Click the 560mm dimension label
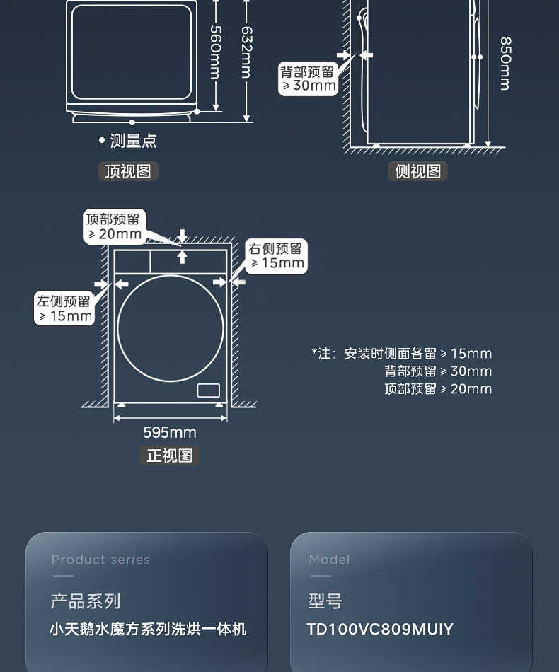215,52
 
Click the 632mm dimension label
246,52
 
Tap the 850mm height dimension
504,64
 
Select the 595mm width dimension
170,432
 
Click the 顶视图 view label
128,171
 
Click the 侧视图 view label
417,171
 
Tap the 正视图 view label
170,456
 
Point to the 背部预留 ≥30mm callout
308,79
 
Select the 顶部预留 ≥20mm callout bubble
114,226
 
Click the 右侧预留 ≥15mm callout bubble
276,255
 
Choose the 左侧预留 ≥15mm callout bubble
64,308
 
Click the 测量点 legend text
132,141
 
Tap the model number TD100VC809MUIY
380,629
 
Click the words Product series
100,560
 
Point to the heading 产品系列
85,601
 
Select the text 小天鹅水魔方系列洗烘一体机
148,629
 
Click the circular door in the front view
170,328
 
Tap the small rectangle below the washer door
208,390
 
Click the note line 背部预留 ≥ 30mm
437,371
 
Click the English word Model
329,560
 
